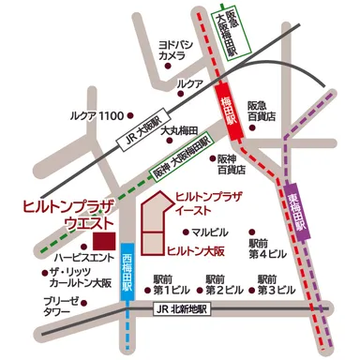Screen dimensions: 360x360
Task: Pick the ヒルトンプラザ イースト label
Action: (x=208, y=203)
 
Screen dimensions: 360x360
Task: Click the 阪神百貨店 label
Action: (x=231, y=165)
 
